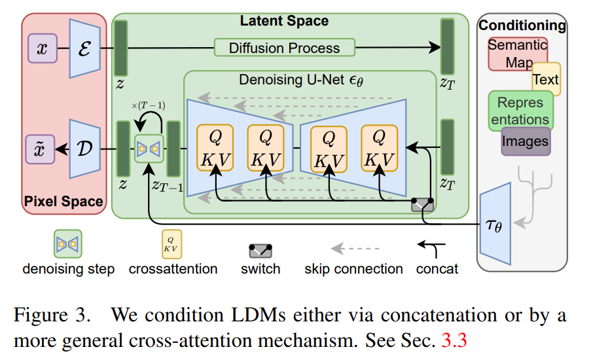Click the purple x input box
(x=43, y=49)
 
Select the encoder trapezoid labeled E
(x=84, y=48)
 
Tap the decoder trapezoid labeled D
(x=84, y=149)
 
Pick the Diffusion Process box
(x=284, y=48)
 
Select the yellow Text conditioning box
(x=546, y=79)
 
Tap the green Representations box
(x=521, y=111)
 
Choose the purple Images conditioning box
(x=525, y=141)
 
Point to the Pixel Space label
(x=64, y=201)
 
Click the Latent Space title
(x=284, y=21)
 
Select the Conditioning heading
(x=522, y=26)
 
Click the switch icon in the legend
(x=260, y=250)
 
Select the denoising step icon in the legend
(x=68, y=244)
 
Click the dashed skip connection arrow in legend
(x=354, y=249)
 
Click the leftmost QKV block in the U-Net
(x=215, y=149)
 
